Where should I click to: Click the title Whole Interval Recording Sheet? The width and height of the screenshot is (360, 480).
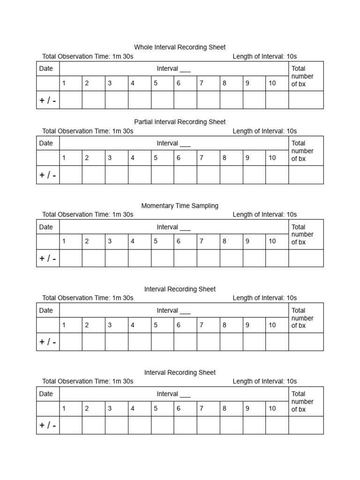coord(180,47)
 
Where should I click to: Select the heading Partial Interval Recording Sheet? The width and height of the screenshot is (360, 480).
coord(180,122)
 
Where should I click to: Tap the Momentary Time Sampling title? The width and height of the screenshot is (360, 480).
coord(180,206)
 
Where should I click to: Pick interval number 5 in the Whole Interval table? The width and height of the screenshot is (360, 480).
coord(156,83)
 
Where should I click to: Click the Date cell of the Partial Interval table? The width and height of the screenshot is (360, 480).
coord(46,143)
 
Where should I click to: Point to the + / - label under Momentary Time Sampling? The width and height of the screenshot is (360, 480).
coord(48,259)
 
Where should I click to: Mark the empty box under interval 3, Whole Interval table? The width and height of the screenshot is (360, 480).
coord(116,100)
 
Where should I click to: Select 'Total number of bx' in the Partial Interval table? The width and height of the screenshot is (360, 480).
coord(302,151)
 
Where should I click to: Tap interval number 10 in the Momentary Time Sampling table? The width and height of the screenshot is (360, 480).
coord(272,241)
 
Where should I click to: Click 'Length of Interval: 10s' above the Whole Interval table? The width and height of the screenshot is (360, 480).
coord(264,57)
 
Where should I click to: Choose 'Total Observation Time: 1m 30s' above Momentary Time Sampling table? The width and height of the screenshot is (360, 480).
coord(88,215)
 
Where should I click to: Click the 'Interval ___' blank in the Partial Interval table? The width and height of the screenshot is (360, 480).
coord(173,143)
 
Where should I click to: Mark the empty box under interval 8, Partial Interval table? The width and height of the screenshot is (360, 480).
coord(231,175)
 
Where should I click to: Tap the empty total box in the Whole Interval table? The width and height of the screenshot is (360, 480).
coord(306,100)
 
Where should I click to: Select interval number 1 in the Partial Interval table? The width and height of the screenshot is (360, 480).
coord(64,158)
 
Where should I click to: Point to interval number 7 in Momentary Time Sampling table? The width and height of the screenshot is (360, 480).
coord(202,241)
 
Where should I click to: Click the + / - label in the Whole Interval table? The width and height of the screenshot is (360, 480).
coord(48,100)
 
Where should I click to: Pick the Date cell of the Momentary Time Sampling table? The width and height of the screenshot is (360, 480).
coord(46,227)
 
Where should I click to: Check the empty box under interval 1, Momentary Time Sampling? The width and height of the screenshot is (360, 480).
coord(71,258)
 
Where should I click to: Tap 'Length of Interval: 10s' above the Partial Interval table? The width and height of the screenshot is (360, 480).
coord(264,131)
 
